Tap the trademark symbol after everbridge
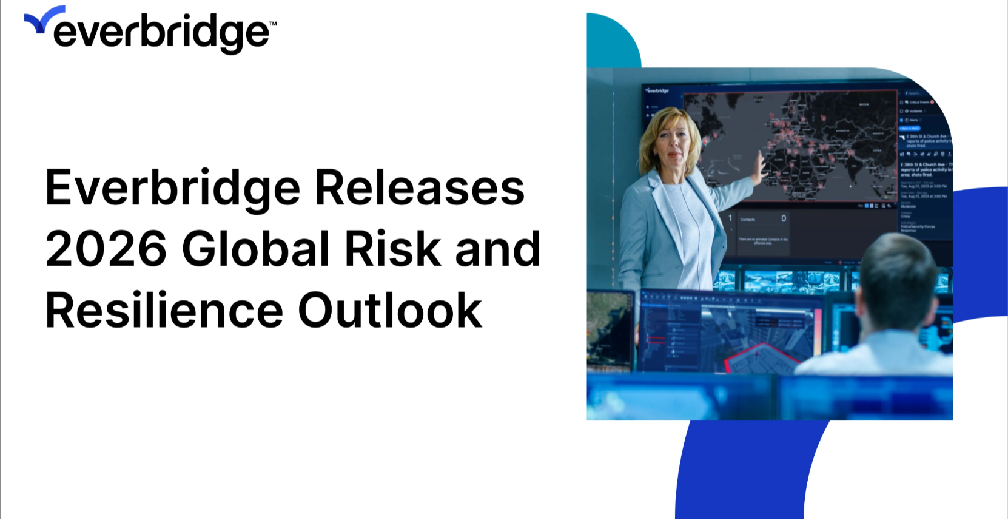pos(272,24)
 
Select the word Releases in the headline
pos(420,187)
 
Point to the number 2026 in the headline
pos(106,249)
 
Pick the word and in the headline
pos(497,249)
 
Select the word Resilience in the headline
pos(164,311)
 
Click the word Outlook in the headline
pos(390,311)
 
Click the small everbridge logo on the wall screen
pos(657,90)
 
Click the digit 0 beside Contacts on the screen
pos(784,218)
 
